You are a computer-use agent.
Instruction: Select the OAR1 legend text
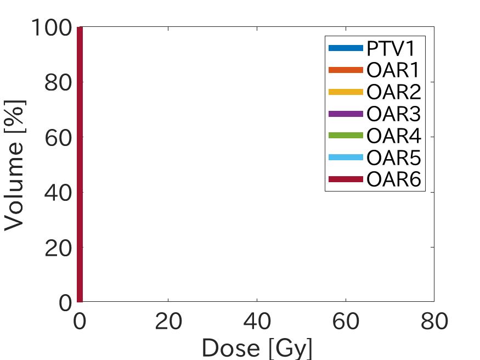(x=393, y=71)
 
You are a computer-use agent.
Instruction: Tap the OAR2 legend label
(x=393, y=92)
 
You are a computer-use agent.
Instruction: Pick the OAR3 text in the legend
(x=393, y=114)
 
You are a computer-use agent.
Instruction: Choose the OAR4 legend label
(x=393, y=136)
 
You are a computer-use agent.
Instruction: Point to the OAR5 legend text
(x=393, y=158)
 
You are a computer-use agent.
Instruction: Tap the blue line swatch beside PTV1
(x=346, y=48)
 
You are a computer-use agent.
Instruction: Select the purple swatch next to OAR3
(x=346, y=114)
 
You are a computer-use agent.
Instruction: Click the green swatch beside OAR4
(x=346, y=136)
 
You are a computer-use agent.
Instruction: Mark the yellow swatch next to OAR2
(x=346, y=92)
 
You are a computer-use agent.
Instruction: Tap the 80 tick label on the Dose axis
(x=434, y=322)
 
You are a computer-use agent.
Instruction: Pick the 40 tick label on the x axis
(x=257, y=322)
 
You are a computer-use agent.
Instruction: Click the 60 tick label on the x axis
(x=346, y=322)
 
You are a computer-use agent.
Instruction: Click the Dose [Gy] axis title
(x=257, y=347)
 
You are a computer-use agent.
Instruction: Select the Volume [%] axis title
(x=15, y=165)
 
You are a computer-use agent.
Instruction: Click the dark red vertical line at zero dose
(x=80, y=165)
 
